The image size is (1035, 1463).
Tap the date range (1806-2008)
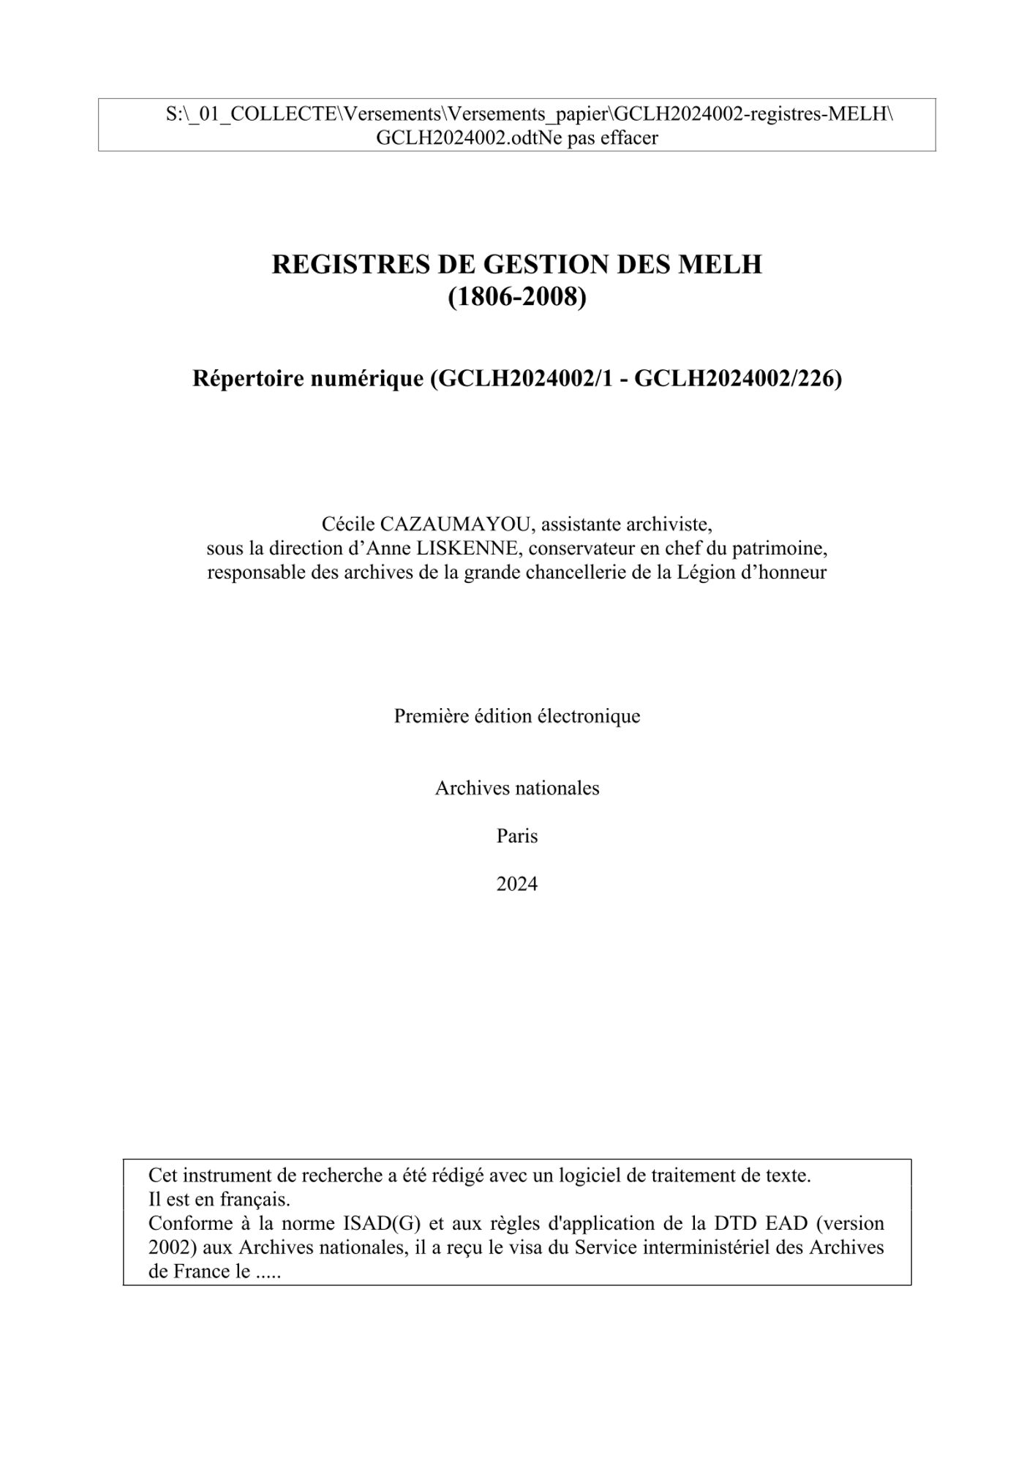point(517,297)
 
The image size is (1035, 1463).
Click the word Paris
point(517,836)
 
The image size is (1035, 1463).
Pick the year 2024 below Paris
point(517,884)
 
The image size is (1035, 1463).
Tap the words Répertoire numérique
point(308,379)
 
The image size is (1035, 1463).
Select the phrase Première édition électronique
point(517,716)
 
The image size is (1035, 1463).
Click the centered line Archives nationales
point(517,788)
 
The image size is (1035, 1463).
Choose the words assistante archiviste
point(627,524)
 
